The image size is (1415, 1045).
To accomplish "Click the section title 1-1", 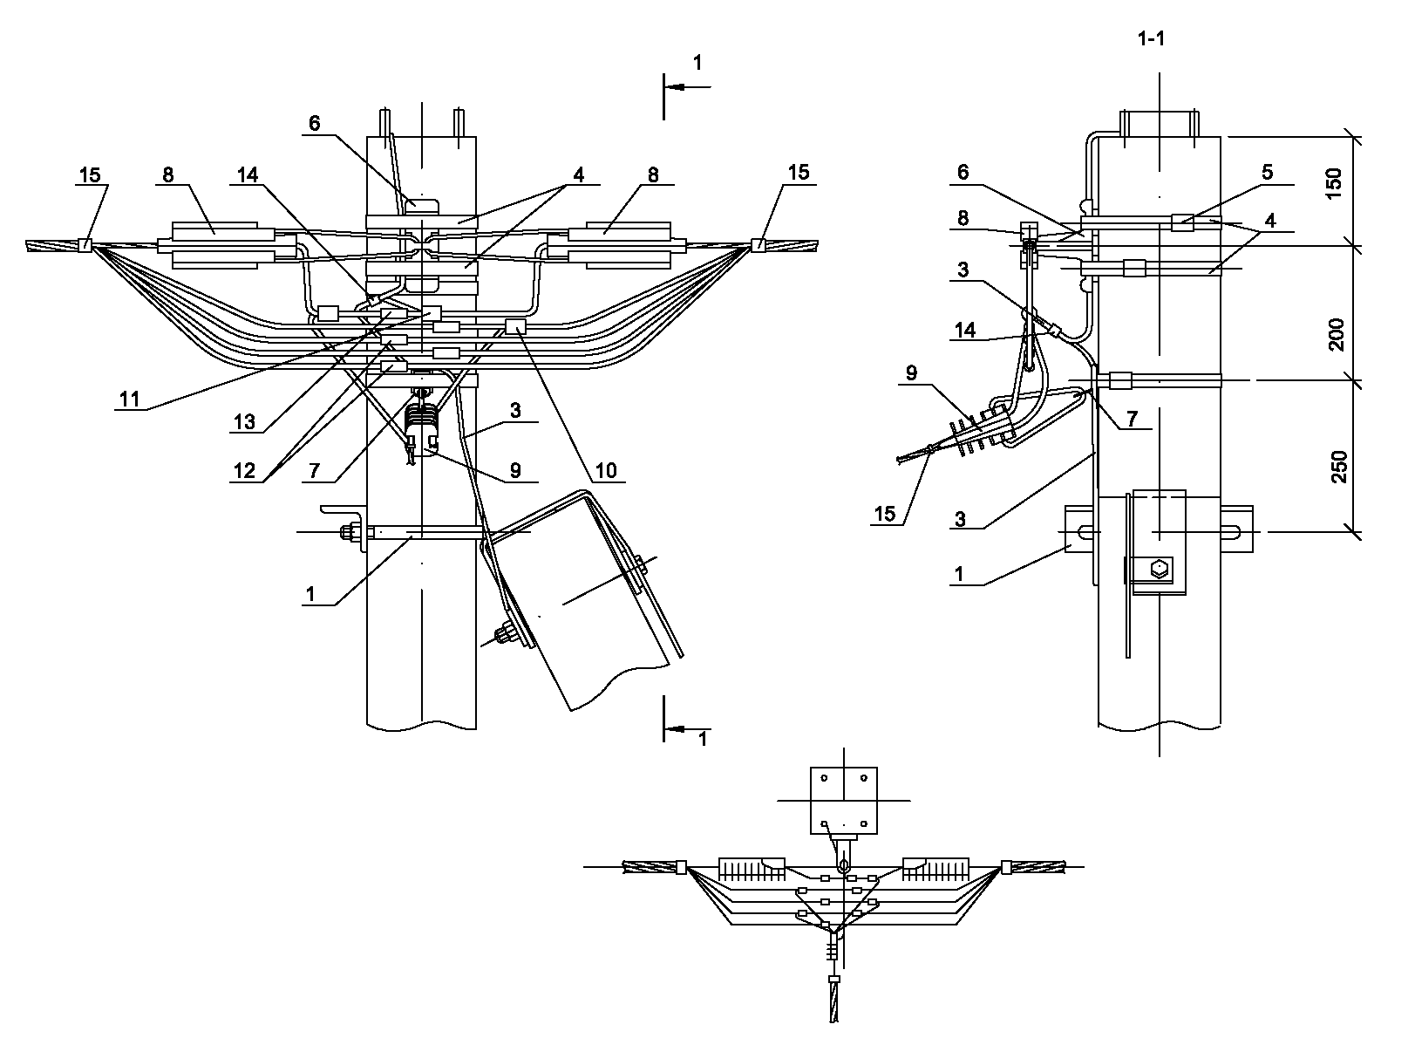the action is [x=1151, y=39].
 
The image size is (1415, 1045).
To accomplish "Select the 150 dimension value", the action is [x=1334, y=183].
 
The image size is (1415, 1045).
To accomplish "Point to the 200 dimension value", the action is [x=1336, y=334].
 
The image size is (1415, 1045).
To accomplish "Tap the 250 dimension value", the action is [x=1339, y=467].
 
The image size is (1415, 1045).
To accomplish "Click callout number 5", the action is [x=1267, y=173].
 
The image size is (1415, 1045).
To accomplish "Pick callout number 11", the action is [x=130, y=400].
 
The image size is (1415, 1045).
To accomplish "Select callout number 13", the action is [x=244, y=422].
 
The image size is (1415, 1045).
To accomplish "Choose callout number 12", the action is [x=244, y=471].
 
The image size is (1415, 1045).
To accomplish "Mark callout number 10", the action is [x=605, y=471].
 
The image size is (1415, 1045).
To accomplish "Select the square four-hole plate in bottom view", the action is [x=843, y=801].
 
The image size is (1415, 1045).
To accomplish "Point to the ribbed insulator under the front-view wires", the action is [x=421, y=418].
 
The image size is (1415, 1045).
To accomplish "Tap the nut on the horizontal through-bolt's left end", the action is [x=349, y=532].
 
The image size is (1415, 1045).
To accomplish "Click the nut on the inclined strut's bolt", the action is [x=506, y=634].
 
